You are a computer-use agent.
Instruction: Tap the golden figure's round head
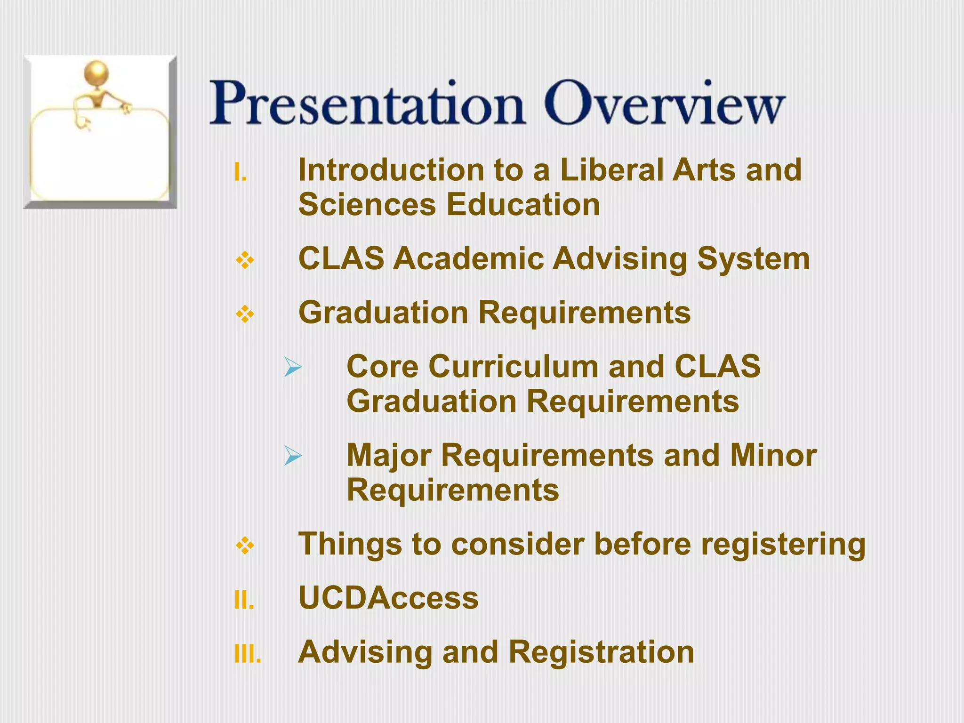96,73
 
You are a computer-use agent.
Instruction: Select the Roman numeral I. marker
241,173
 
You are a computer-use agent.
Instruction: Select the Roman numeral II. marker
244,601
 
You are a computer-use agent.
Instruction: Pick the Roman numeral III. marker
248,654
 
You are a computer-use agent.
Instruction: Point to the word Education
522,205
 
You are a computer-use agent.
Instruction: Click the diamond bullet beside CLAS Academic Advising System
245,260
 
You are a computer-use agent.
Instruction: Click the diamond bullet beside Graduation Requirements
245,314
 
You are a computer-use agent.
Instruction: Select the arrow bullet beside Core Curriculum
293,367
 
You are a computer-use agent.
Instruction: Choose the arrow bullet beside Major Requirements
293,456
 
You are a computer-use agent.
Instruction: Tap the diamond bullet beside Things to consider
245,546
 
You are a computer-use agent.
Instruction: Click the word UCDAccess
388,598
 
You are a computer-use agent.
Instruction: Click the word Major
389,456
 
